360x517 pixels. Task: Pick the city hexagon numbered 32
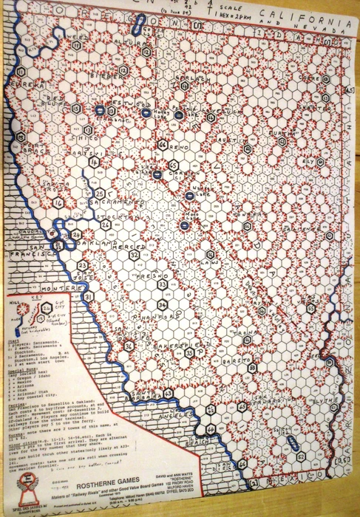134,256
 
